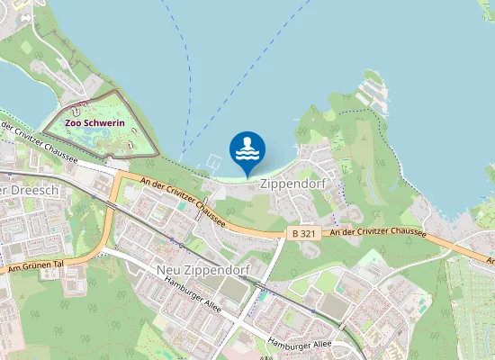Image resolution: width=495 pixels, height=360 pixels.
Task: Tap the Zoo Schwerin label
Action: [x=94, y=122]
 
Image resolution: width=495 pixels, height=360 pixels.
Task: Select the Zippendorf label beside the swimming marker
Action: [x=291, y=182]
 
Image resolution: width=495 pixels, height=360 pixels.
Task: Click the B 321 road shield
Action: [x=302, y=232]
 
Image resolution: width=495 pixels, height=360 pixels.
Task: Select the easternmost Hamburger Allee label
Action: [x=301, y=343]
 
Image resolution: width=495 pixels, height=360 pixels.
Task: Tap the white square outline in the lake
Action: [x=212, y=165]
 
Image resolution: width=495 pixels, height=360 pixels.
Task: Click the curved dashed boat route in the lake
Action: [x=188, y=81]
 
